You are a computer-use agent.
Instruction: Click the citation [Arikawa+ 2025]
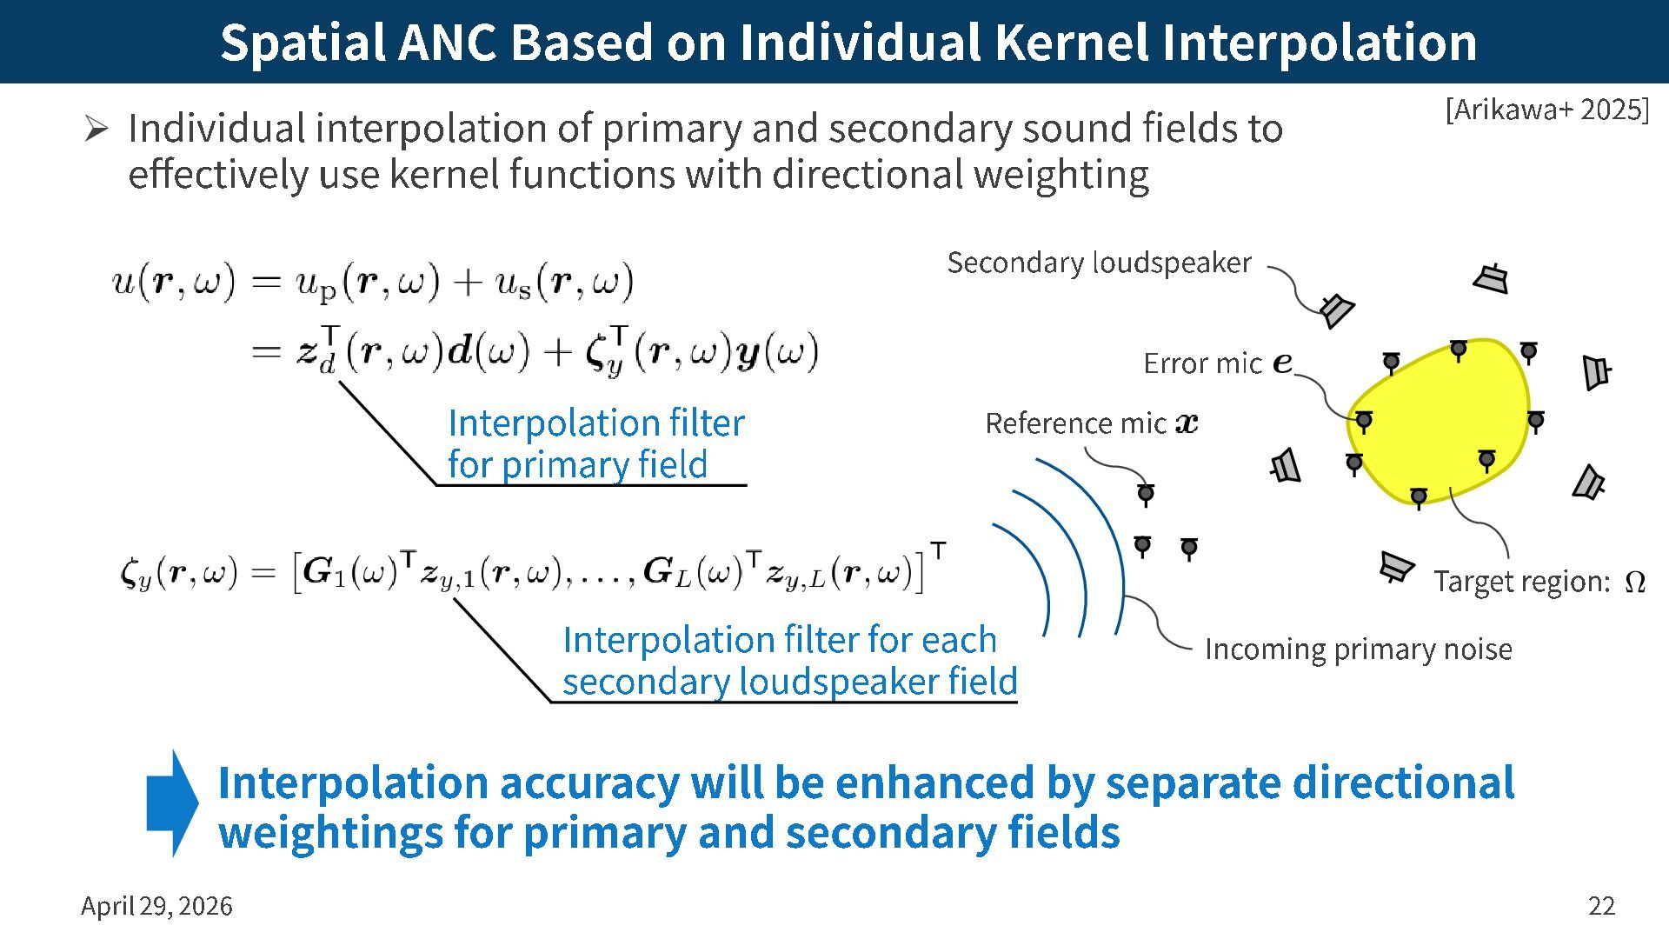tap(1546, 110)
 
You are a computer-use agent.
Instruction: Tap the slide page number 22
tap(1601, 906)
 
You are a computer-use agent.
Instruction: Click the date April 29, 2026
tap(156, 906)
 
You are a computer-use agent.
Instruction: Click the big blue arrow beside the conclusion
tap(172, 803)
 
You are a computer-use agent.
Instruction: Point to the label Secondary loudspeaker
tap(1099, 263)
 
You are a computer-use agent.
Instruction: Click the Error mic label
tap(1202, 363)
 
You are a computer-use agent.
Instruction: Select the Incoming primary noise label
tap(1358, 649)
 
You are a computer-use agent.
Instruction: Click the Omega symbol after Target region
tap(1634, 582)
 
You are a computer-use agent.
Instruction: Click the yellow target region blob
tap(1443, 417)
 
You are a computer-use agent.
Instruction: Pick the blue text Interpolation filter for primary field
tap(595, 443)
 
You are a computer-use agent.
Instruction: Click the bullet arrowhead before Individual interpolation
tap(96, 130)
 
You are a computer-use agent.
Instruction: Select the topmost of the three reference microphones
tap(1146, 494)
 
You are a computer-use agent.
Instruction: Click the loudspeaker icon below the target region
tap(1396, 567)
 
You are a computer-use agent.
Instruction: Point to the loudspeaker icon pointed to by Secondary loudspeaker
tap(1336, 309)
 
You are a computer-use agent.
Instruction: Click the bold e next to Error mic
tap(1282, 363)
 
